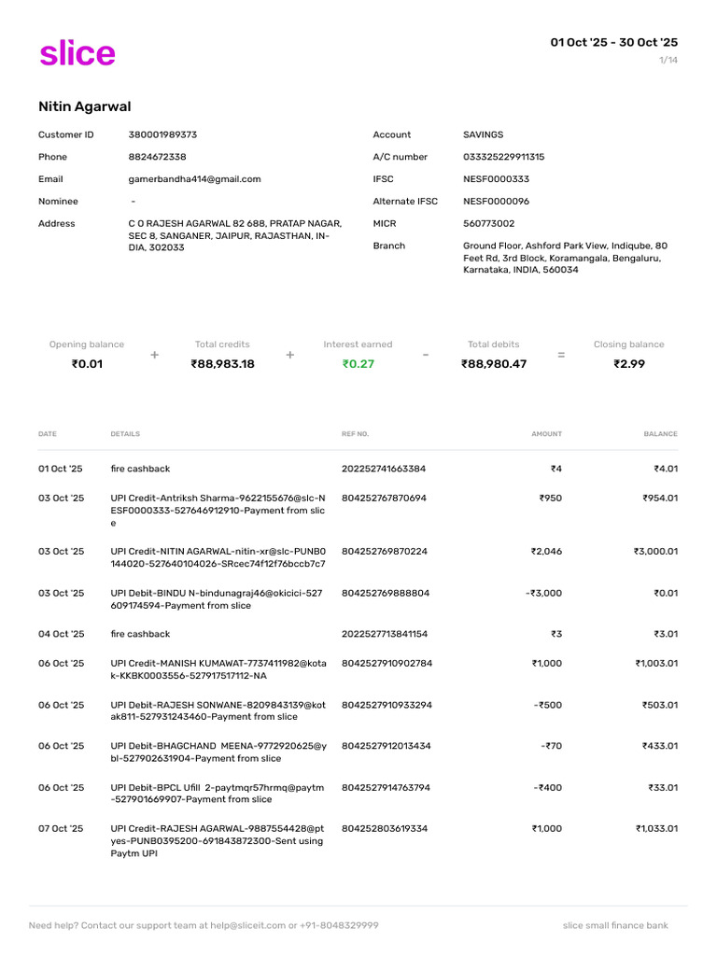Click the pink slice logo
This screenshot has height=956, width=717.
tap(77, 53)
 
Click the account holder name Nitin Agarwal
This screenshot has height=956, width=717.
tap(85, 107)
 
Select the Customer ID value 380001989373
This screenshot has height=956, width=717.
tap(162, 134)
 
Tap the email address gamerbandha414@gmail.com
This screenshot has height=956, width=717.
tap(194, 179)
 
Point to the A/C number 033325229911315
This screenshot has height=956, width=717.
tap(503, 157)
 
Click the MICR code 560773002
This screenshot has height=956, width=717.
tap(488, 224)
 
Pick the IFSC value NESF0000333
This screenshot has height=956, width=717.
tap(496, 179)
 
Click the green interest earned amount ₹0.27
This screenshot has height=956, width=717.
tap(358, 364)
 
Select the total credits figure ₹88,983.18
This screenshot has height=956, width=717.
tap(222, 364)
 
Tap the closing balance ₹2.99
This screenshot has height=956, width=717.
tap(629, 364)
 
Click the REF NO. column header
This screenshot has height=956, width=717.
tap(356, 434)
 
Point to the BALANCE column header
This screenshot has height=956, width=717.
tap(660, 434)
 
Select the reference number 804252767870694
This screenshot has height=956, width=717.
tap(384, 499)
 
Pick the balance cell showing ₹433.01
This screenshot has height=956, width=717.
tap(658, 746)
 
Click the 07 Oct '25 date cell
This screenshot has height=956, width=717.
tap(61, 828)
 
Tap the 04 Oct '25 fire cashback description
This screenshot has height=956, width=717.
tap(140, 634)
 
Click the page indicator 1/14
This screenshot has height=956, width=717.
tap(668, 61)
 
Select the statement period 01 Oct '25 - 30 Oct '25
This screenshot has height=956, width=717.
tap(613, 42)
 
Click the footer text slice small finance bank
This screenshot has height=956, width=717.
tap(615, 925)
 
